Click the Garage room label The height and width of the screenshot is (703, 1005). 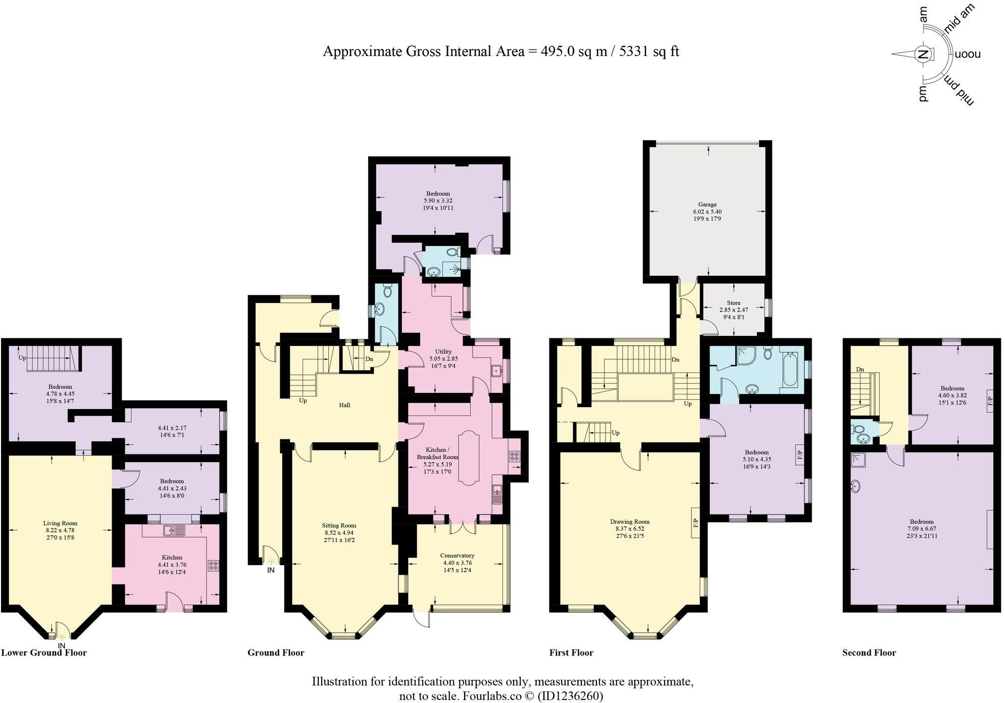coord(707,205)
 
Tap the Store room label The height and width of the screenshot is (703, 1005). coord(733,303)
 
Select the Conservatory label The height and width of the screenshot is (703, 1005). coord(458,556)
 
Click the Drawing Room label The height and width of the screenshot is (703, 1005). coord(629,522)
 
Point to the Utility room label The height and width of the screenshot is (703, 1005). coord(443,351)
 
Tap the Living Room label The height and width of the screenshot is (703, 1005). coord(60,523)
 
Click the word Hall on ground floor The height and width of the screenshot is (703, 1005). coord(344,405)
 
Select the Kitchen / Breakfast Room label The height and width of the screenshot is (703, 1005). coord(437,453)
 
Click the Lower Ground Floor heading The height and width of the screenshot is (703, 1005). coord(44,652)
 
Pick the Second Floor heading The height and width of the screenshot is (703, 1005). coord(869,652)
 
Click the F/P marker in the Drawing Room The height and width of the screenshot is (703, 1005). coord(695,522)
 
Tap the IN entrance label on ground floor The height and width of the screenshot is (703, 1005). coord(271,570)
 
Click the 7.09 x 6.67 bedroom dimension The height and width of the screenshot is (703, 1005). coord(922,529)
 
